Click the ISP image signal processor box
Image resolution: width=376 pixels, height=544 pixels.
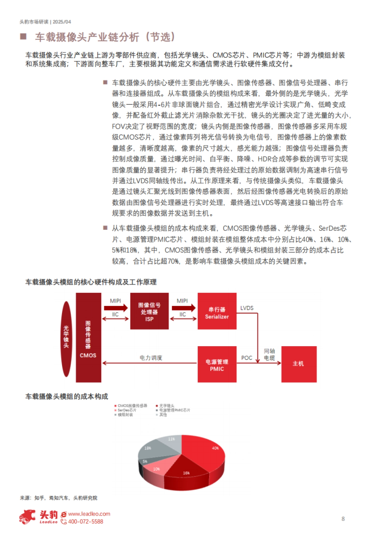149,311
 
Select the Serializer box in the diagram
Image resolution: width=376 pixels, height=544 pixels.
217,311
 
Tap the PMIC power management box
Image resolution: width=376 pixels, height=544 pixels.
217,364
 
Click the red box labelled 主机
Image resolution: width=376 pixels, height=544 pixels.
299,364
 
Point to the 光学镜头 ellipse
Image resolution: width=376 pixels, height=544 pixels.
66,339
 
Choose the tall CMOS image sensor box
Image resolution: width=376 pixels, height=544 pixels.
88,337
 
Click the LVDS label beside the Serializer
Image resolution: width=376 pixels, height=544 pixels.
247,308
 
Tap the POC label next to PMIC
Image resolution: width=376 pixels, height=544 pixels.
247,358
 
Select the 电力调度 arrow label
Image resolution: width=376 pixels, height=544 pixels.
151,358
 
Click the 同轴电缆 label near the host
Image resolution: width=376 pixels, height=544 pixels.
269,354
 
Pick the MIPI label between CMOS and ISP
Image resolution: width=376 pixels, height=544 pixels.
115,301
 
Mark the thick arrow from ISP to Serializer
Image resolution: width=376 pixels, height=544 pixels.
183,308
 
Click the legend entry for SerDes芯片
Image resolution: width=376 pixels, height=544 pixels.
127,410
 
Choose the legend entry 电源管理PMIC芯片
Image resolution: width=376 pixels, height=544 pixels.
174,410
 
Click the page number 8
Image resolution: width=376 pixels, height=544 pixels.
343,519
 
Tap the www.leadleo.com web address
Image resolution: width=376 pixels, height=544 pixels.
89,514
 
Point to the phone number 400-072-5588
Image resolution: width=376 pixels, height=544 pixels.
85,521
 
